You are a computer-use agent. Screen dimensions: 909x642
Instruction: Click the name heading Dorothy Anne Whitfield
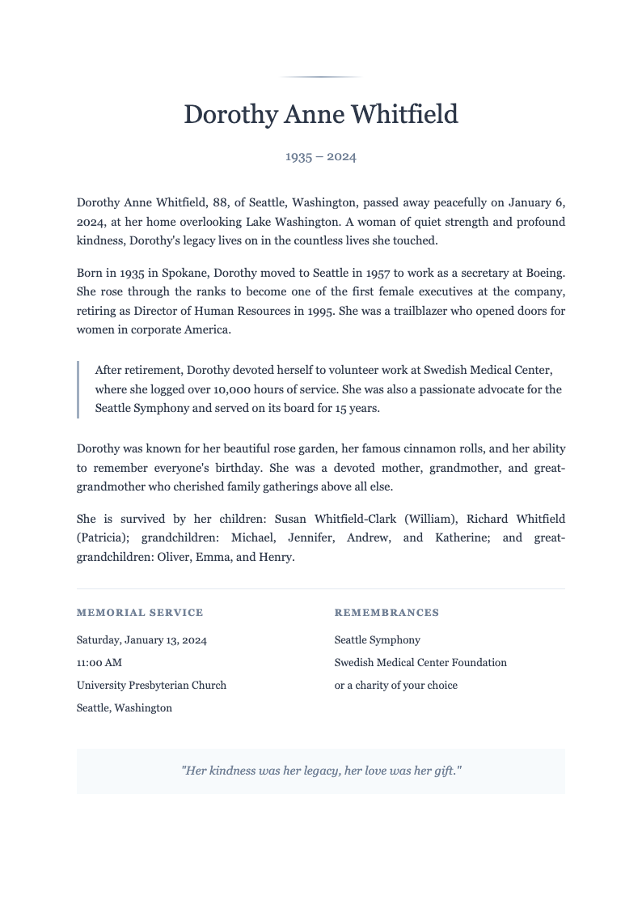(321, 114)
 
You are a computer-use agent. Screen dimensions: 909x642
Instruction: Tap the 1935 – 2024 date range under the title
(321, 156)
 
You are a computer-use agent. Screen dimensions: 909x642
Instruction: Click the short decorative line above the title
(321, 77)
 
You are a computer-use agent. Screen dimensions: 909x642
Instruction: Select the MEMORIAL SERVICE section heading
(140, 613)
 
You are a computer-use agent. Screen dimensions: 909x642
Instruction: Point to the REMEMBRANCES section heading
(386, 613)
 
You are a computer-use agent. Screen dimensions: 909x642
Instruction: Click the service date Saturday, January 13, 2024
(141, 639)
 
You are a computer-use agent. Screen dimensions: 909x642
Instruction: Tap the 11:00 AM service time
(99, 662)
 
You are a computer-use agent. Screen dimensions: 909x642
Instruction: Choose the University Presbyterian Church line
(151, 685)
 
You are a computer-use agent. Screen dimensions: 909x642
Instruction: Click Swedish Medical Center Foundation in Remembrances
(420, 662)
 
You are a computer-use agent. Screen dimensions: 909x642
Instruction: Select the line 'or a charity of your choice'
(396, 685)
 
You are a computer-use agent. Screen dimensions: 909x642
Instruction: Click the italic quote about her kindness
(321, 771)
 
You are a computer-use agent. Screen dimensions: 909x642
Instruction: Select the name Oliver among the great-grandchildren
(172, 557)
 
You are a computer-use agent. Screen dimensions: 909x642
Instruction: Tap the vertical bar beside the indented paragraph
(78, 389)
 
